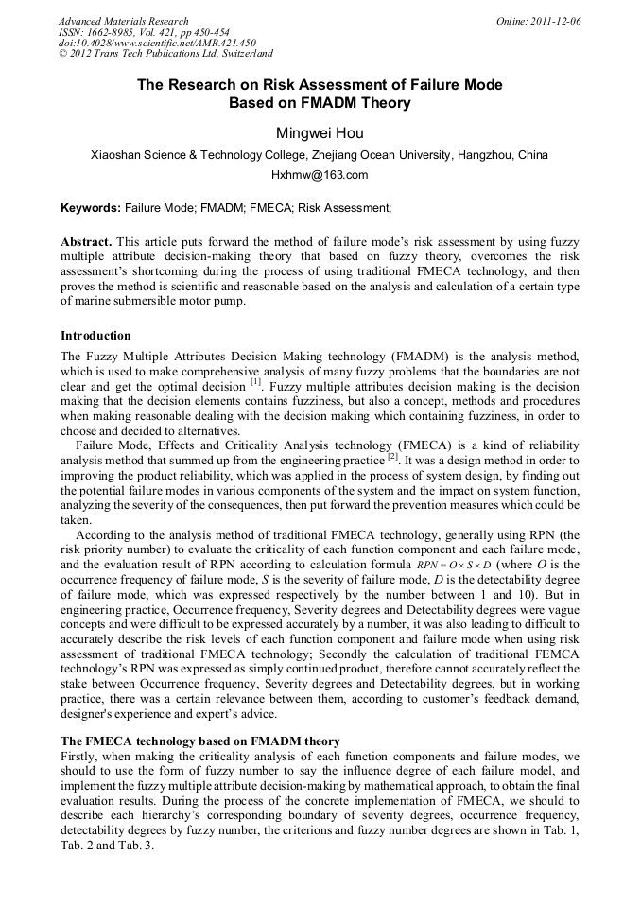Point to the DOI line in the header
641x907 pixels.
click(156, 44)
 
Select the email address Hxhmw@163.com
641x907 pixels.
click(320, 175)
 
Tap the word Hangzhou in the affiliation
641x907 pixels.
click(486, 154)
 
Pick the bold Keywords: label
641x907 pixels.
click(91, 207)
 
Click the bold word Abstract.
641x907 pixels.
click(86, 242)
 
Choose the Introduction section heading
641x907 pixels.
click(95, 336)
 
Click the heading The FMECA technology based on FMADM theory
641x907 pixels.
click(199, 741)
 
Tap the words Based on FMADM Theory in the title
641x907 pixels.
click(320, 103)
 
